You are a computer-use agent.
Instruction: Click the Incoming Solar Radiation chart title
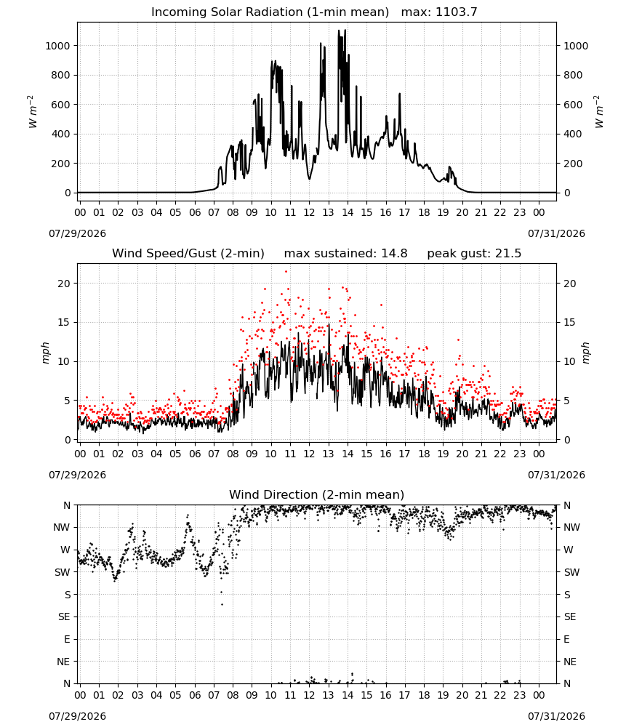coord(270,12)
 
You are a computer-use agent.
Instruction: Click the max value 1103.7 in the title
coord(456,12)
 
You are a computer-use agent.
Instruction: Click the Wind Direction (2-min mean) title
coord(317,494)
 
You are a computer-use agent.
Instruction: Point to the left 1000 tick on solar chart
coord(57,45)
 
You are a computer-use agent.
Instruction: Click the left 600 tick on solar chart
coord(61,104)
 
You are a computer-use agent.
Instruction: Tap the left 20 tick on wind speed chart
coord(64,284)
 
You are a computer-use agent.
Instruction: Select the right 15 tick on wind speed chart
coord(570,322)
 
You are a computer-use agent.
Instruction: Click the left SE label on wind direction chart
coord(64,616)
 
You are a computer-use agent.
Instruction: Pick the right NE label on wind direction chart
coord(570,662)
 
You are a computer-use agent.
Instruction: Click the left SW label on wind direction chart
coord(63,572)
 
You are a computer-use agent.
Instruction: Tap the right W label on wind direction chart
coord(569,550)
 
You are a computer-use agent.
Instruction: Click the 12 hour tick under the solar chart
coord(309,212)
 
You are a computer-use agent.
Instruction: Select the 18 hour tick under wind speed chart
coord(424,454)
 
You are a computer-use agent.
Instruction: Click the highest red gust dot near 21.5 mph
coord(286,271)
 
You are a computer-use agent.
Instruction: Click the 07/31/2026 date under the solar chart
coord(556,233)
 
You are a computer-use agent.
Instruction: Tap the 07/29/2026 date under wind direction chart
coord(77,716)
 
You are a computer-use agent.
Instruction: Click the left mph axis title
coord(45,353)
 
